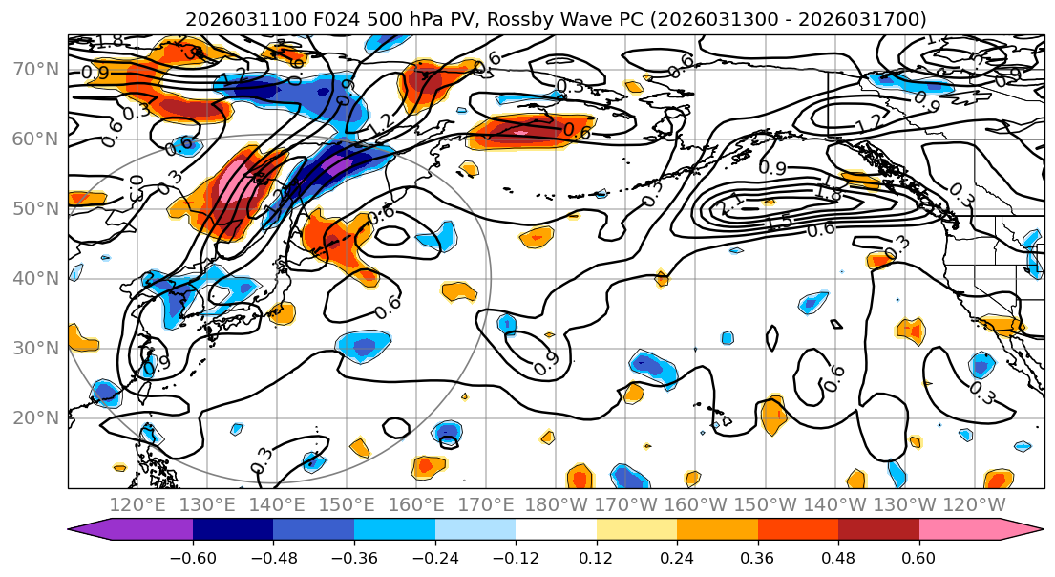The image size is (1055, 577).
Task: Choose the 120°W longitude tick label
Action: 975,504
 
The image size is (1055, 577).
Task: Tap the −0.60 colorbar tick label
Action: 193,557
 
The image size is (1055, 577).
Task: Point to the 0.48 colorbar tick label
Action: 838,557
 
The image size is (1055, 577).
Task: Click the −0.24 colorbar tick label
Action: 435,557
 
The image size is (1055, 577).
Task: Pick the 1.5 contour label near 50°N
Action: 779,222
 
